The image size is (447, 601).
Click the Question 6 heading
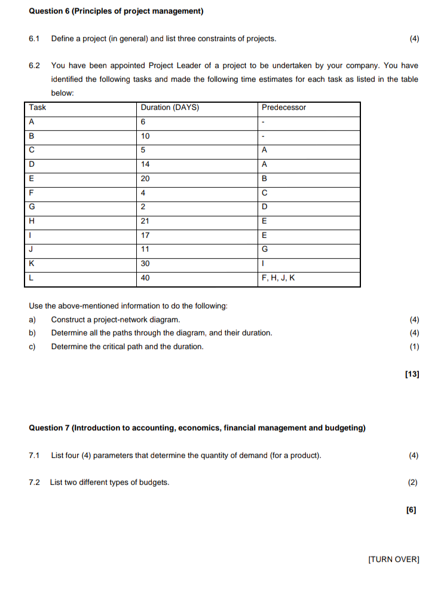click(116, 11)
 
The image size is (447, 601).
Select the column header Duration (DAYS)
click(170, 108)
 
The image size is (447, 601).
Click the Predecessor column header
click(284, 108)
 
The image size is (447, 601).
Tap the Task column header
click(38, 108)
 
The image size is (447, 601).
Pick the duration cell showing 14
click(145, 164)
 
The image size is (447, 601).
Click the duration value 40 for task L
click(145, 278)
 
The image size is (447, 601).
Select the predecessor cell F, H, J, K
click(279, 278)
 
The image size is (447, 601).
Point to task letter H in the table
click(32, 221)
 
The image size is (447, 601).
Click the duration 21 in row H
click(145, 221)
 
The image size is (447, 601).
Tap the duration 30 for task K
click(145, 264)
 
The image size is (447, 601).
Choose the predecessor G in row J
click(265, 249)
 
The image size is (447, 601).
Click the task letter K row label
click(32, 264)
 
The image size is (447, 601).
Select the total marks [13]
click(412, 374)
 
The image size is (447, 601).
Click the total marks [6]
click(411, 510)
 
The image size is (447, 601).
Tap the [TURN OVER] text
click(394, 560)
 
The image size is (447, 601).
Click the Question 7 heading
click(197, 428)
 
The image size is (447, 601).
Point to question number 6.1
click(34, 39)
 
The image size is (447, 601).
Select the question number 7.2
click(34, 483)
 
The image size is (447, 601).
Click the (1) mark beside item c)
click(414, 347)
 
